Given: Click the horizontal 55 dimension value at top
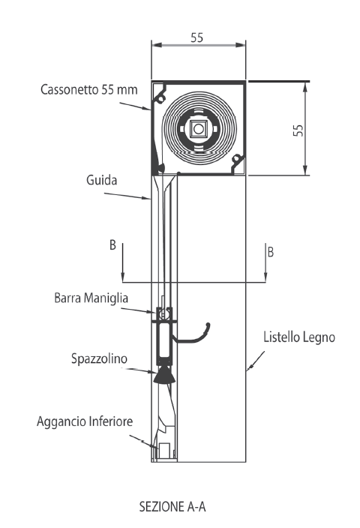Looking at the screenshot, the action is pos(197,37).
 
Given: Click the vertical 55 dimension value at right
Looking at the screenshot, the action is pos(298,130).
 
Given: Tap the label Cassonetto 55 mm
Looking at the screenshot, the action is pos(89,89).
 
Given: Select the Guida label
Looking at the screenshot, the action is pos(102,180).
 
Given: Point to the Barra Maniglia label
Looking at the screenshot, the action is pos(91,298).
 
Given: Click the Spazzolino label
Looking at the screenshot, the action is pos(99,358).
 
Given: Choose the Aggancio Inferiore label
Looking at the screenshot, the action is pos(85,421).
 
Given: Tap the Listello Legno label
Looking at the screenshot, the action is pos(299,337).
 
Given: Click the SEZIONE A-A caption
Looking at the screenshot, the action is pos(172,506).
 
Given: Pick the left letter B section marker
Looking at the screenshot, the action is pos(112,244).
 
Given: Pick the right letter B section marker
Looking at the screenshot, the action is pos(271,252).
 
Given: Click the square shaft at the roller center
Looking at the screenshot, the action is pos(198,129).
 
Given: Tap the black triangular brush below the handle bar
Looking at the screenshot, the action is pos(164,376).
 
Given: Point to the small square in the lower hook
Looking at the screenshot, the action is pos(165,451).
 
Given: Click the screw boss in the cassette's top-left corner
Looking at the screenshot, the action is pos(161,98).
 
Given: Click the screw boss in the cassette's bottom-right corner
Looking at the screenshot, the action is pos(236,157).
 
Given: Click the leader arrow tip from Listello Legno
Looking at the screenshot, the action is pos(247,370).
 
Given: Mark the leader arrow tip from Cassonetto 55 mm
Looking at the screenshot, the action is pos(151,109).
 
